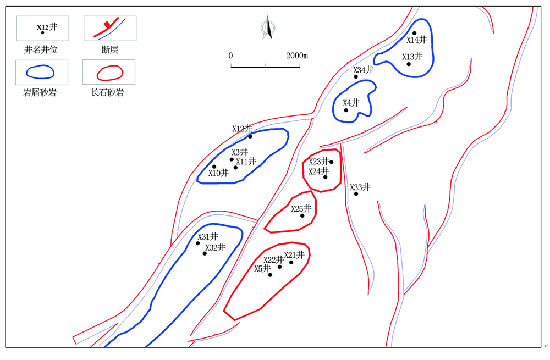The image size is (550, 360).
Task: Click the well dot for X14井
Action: pos(414,34)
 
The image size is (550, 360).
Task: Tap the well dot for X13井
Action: pos(409,64)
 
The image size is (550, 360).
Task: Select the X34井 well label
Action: pos(364,70)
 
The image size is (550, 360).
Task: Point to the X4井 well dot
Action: pos(346,110)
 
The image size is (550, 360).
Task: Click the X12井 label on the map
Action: pos(243,129)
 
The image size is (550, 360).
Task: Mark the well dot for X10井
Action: pos(215,167)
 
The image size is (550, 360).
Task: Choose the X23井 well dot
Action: pos(332,162)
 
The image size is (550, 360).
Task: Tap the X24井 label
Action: pos(319,172)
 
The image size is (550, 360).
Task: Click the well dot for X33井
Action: pos(356,194)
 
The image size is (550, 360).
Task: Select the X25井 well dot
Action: pos(302,215)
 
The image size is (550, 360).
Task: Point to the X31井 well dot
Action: pos(198,243)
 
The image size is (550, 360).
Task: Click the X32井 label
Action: pos(216,247)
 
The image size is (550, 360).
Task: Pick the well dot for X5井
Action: pos(270,275)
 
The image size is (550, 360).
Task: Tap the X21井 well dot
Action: pos(291,262)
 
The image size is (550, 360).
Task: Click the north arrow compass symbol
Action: pos(268,27)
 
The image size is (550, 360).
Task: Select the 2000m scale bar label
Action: pos(297,56)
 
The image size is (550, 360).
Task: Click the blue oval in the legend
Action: pos(40,72)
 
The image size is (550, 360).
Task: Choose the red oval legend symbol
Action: pos(110,73)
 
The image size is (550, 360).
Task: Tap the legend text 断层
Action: pos(110,50)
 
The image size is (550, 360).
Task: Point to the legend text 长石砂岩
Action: pos(107,92)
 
